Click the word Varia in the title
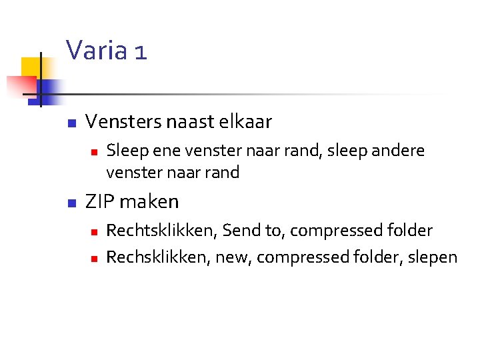tap(96, 50)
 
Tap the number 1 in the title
tap(139, 51)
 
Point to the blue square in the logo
tap(48, 89)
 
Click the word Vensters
tap(122, 122)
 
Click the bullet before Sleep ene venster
tap(95, 152)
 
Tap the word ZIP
tap(101, 201)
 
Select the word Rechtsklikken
tap(161, 231)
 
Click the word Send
tap(241, 231)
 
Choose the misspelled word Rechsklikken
tap(157, 257)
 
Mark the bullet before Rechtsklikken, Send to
tap(95, 232)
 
